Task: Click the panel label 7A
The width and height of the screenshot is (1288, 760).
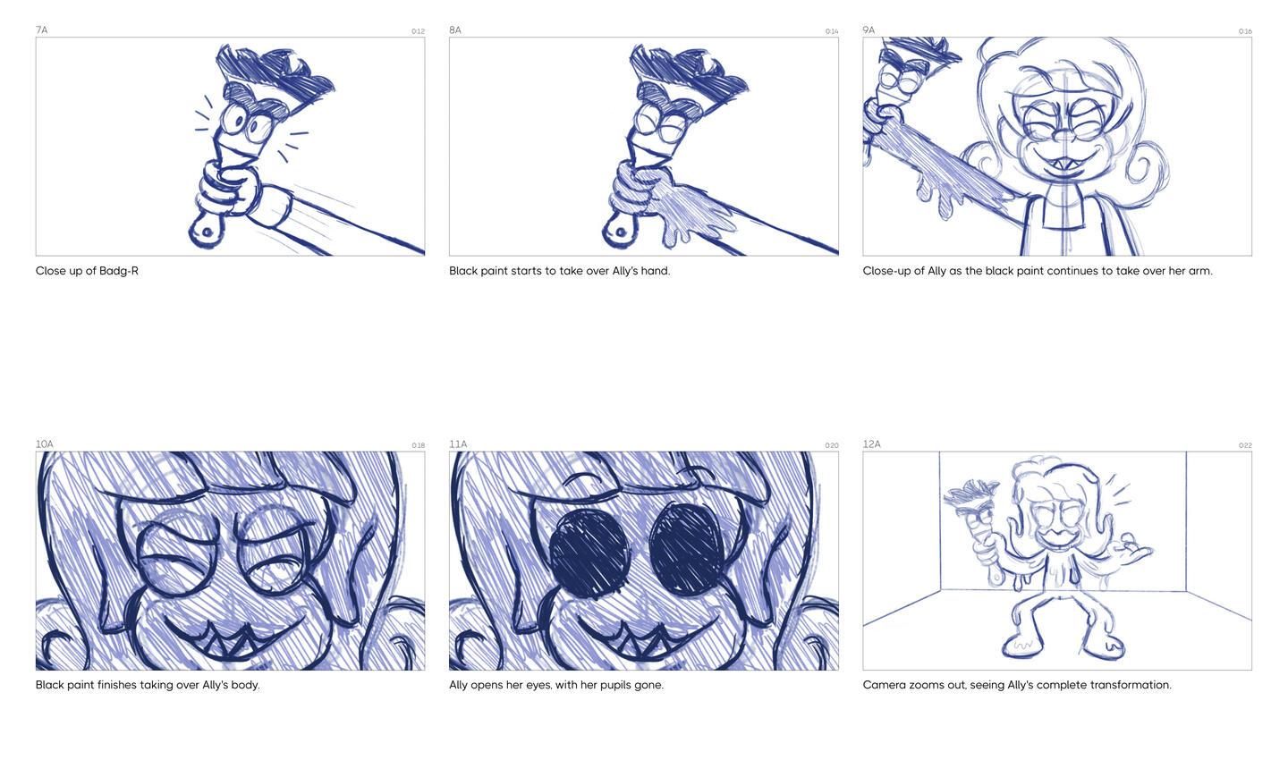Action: pyautogui.click(x=41, y=30)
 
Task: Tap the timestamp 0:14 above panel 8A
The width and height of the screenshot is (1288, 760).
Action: pyautogui.click(x=832, y=31)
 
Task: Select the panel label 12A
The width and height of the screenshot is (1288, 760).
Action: pyautogui.click(x=872, y=443)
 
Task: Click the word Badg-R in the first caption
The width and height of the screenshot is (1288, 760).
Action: pyautogui.click(x=119, y=271)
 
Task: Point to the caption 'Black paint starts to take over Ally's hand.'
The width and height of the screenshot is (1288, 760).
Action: pyautogui.click(x=560, y=271)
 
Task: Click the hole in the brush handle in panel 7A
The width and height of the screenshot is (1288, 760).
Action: pyautogui.click(x=207, y=232)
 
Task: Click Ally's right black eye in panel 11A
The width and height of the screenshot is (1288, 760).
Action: pyautogui.click(x=687, y=549)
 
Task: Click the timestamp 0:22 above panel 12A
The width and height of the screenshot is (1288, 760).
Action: pyautogui.click(x=1245, y=445)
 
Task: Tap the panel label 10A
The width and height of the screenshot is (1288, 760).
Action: pyautogui.click(x=45, y=443)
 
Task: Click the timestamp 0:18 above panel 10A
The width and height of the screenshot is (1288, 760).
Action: pyautogui.click(x=418, y=445)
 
